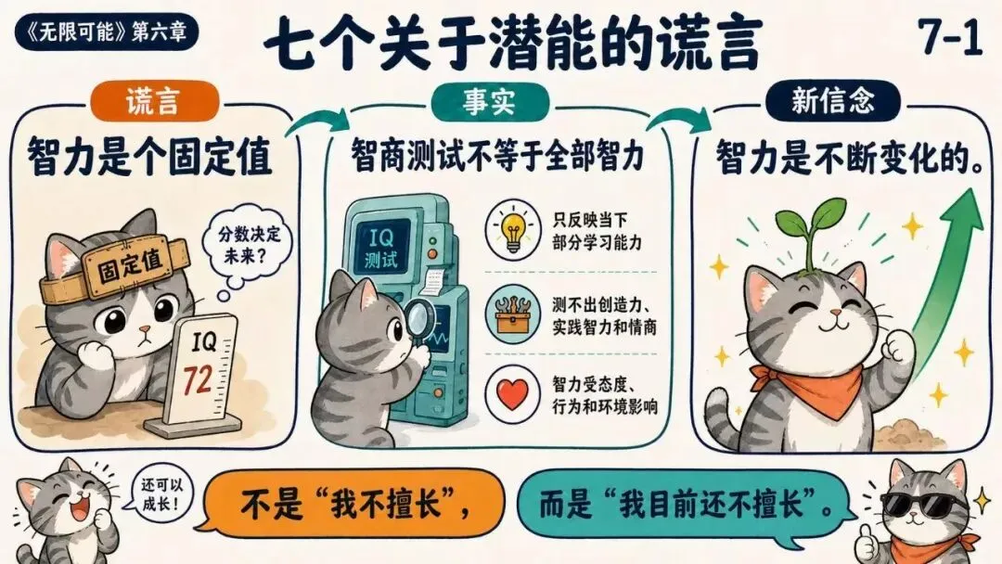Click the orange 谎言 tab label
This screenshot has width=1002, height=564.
[153, 101]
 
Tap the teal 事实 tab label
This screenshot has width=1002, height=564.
[490, 101]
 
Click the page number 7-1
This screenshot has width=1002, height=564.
[950, 35]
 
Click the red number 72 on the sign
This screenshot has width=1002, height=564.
[198, 380]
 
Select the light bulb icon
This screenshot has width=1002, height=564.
[512, 230]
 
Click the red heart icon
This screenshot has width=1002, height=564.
[512, 394]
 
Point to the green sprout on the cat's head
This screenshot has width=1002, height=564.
[810, 231]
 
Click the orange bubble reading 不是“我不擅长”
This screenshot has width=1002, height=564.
[353, 504]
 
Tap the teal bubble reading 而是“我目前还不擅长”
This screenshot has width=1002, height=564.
[685, 504]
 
